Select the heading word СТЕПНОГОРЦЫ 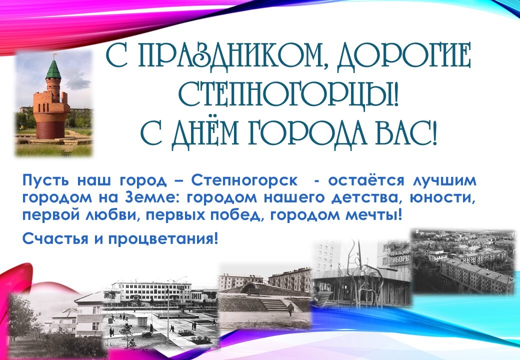click(x=288, y=92)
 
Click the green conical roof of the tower click(x=53, y=68)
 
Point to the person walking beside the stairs click(x=291, y=309)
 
